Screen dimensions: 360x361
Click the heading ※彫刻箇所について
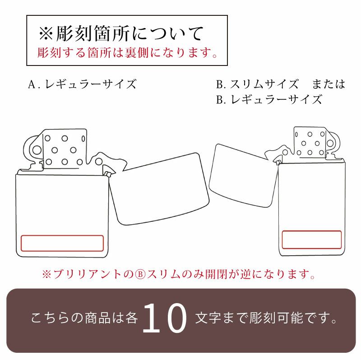pyautogui.click(x=122, y=34)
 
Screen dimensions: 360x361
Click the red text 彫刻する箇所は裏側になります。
pyautogui.click(x=127, y=53)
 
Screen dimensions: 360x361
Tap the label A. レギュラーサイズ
pyautogui.click(x=82, y=84)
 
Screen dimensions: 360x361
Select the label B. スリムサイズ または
pyautogui.click(x=280, y=84)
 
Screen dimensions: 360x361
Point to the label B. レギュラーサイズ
pyautogui.click(x=269, y=99)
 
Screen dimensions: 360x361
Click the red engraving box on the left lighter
pyautogui.click(x=62, y=243)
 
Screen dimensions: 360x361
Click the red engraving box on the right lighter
pyautogui.click(x=311, y=239)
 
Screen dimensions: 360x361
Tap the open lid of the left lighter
pyautogui.click(x=160, y=187)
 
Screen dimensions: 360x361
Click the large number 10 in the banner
pyautogui.click(x=164, y=319)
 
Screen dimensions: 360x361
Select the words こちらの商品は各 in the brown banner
pyautogui.click(x=84, y=319)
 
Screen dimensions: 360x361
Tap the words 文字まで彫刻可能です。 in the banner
pyautogui.click(x=266, y=319)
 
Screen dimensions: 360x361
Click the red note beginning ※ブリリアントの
pyautogui.click(x=178, y=274)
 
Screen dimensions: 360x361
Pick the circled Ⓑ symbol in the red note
pyautogui.click(x=139, y=274)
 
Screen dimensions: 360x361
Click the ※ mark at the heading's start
pyautogui.click(x=46, y=34)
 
